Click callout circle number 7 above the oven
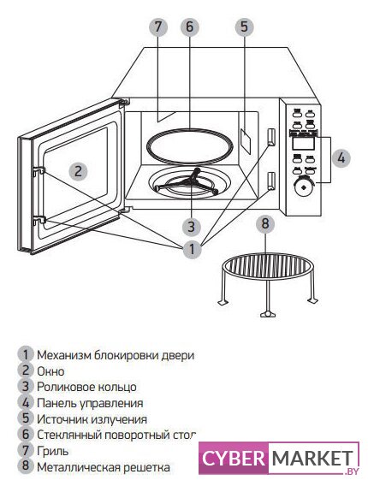(158, 27)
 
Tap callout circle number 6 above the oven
(190, 27)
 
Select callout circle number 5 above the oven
(245, 27)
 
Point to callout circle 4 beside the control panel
(341, 157)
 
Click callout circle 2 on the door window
(78, 171)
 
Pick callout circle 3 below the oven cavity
(192, 227)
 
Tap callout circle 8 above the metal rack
(265, 223)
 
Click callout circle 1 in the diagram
(192, 250)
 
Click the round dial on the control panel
(303, 187)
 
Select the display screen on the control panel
(303, 144)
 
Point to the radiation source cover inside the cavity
(246, 140)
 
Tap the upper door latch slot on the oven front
(271, 137)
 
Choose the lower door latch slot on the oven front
(271, 181)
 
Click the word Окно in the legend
(50, 371)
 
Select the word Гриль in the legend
(53, 451)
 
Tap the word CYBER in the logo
(233, 459)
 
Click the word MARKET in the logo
(312, 459)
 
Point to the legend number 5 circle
(26, 418)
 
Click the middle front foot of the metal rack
(267, 314)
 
